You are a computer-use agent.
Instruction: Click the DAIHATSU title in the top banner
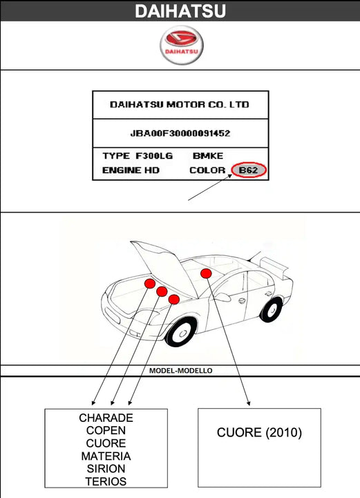pyautogui.click(x=180, y=11)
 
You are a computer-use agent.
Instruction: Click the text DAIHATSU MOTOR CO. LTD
pyautogui.click(x=180, y=105)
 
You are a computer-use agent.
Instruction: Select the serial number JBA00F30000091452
pyautogui.click(x=180, y=133)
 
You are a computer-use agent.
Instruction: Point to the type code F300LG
pyautogui.click(x=150, y=156)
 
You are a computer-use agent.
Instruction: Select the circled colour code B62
pyautogui.click(x=249, y=170)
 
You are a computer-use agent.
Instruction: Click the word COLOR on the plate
pyautogui.click(x=207, y=170)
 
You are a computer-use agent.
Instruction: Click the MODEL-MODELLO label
pyautogui.click(x=180, y=371)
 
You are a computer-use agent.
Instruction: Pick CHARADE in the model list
pyautogui.click(x=106, y=418)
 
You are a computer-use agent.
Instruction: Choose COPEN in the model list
pyautogui.click(x=106, y=431)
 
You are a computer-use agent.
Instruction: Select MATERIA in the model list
pyautogui.click(x=106, y=456)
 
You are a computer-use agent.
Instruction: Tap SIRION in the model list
pyautogui.click(x=106, y=469)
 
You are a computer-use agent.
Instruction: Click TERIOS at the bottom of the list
pyautogui.click(x=106, y=481)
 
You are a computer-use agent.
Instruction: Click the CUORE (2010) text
pyautogui.click(x=259, y=433)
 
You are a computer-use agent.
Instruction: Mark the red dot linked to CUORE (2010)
pyautogui.click(x=206, y=274)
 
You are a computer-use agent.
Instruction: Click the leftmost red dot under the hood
pyautogui.click(x=149, y=284)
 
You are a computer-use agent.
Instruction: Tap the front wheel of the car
pyautogui.click(x=181, y=333)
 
